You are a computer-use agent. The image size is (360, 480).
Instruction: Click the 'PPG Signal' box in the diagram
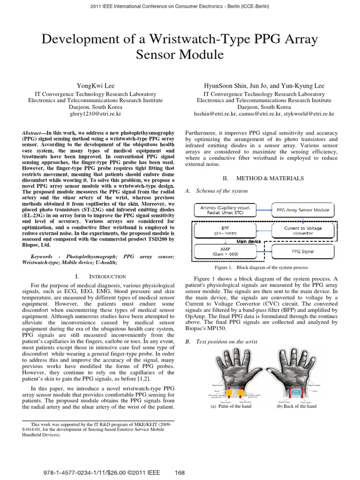tap(303, 252)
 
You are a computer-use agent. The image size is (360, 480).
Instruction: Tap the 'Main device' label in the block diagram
tap(248, 241)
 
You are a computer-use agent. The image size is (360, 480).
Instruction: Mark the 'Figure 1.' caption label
tap(224, 267)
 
